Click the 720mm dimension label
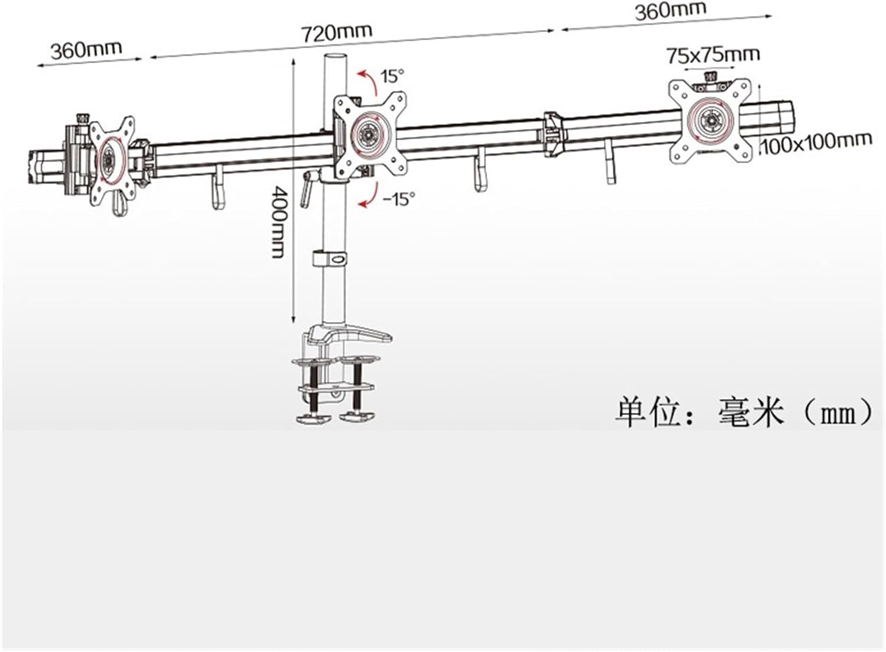point(337,31)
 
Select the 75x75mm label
point(713,55)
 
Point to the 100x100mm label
point(816,142)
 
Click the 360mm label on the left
point(86,49)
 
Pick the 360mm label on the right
point(670,11)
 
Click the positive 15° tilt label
point(392,76)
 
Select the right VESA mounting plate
point(711,120)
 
